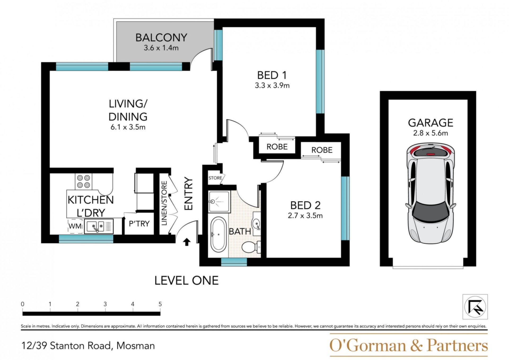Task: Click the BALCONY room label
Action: coord(161,38)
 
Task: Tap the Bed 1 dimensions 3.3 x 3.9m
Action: coord(272,85)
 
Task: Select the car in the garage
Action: coord(431,194)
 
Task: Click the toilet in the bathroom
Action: coord(251,247)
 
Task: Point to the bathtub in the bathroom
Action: coord(218,234)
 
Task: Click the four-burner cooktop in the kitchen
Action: coord(84,181)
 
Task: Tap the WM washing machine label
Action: coord(75,226)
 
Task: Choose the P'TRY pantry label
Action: coord(139,224)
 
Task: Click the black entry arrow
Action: coord(187,242)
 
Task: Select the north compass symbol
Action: coord(475,307)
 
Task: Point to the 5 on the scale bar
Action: coord(160,304)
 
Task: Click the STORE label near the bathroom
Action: coord(215,178)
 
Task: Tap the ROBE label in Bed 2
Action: coord(322,150)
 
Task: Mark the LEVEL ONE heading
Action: coord(187,280)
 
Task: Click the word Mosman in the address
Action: coord(135,346)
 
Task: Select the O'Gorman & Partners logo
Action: coord(409,345)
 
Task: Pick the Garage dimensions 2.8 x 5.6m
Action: coord(431,133)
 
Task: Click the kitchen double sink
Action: coord(95,226)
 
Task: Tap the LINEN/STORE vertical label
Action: coord(164,203)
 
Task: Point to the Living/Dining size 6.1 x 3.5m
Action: coord(128,127)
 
